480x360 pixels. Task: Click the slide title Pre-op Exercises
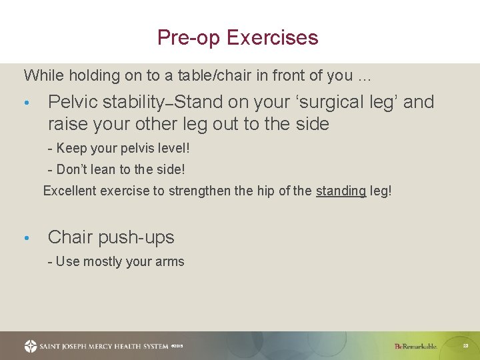(238, 37)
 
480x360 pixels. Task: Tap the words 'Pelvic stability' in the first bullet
(106, 102)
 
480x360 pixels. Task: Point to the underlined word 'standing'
(341, 191)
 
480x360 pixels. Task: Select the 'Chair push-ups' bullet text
(111, 237)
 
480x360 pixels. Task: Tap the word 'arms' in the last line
(169, 261)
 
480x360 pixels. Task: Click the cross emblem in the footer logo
(31, 346)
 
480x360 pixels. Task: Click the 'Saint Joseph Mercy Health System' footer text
(104, 346)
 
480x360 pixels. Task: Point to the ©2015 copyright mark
(177, 346)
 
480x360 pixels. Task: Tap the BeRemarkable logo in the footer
(416, 346)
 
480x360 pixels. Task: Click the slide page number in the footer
(466, 346)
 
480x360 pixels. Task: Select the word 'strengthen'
(199, 191)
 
